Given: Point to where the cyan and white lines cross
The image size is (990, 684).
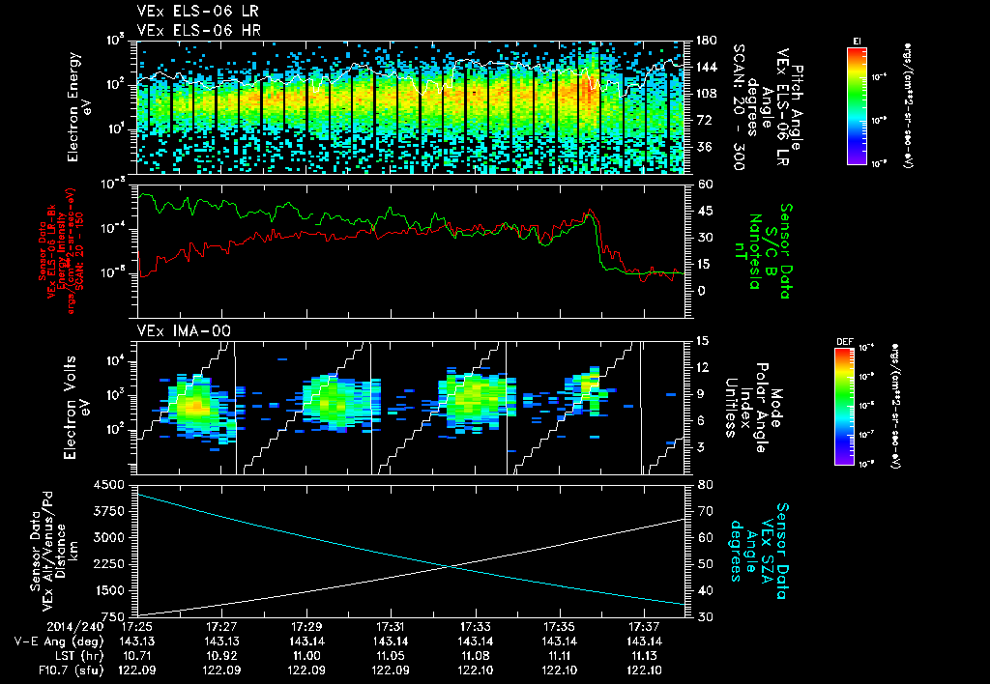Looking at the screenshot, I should (x=451, y=566).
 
